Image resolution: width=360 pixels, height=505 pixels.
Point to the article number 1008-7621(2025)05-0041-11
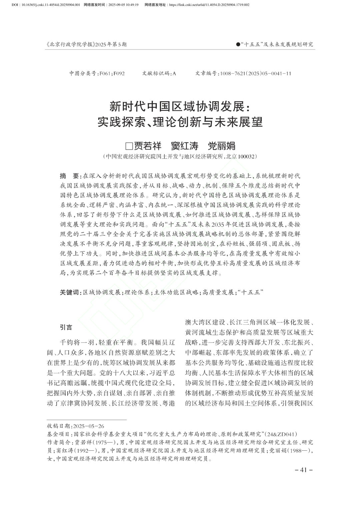(255, 73)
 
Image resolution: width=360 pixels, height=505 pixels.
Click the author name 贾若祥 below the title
(148, 146)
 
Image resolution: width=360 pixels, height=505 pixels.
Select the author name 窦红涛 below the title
(184, 146)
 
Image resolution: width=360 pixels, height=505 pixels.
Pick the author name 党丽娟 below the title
(222, 146)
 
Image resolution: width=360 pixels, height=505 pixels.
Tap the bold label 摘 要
(69, 176)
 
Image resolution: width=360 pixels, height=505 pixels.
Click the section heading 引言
(66, 327)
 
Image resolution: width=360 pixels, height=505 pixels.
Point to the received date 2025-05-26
(88, 426)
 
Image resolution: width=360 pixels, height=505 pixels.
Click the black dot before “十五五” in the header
(238, 44)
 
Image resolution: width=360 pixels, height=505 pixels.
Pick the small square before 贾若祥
(128, 146)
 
